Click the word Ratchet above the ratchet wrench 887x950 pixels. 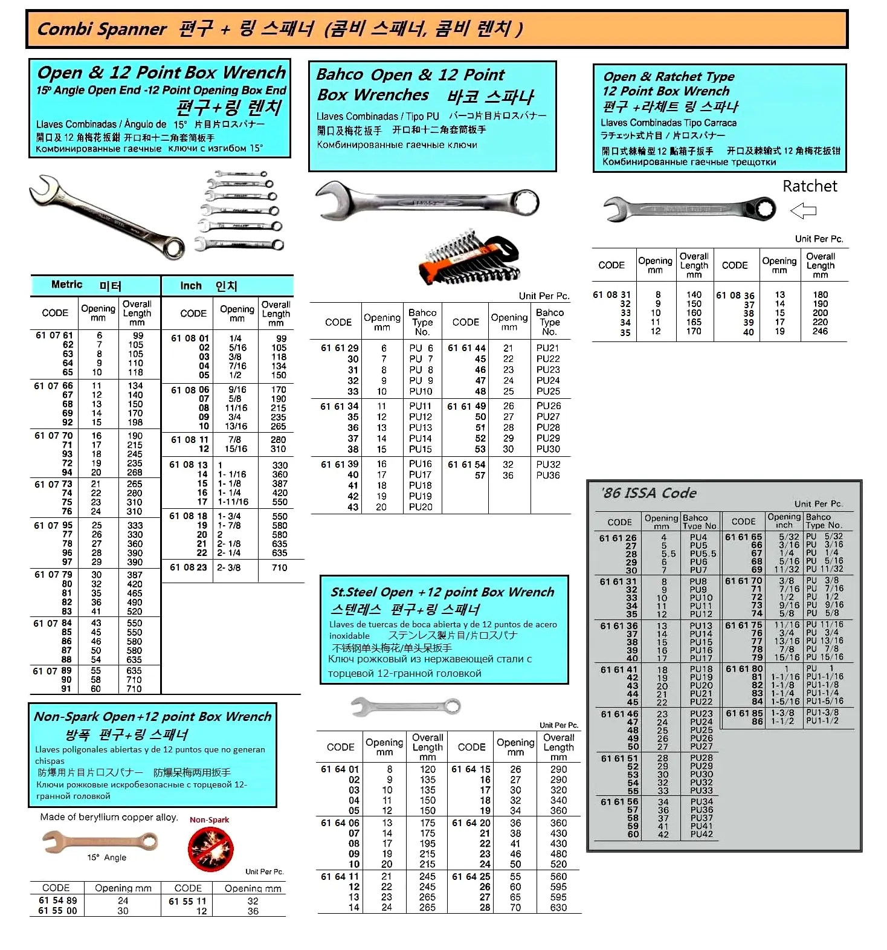[x=810, y=186]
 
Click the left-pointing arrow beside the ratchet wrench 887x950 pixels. [x=803, y=211]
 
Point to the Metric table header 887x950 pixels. [x=66, y=285]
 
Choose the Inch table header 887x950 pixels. [x=190, y=286]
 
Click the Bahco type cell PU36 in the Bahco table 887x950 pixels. [x=548, y=476]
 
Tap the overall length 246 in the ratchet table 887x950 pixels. [x=820, y=331]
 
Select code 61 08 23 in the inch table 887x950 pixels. [x=189, y=567]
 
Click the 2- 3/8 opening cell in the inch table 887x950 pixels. [x=229, y=567]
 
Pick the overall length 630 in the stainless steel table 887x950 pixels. [x=558, y=907]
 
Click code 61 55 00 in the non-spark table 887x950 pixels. [x=57, y=911]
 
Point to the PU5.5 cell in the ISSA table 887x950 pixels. [x=703, y=554]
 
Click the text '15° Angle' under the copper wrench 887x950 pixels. [x=107, y=858]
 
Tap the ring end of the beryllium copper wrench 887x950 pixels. [x=148, y=841]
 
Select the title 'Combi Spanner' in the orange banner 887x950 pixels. [x=102, y=29]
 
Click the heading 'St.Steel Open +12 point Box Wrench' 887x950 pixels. [x=442, y=592]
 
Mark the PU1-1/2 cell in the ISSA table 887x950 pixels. [x=822, y=721]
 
